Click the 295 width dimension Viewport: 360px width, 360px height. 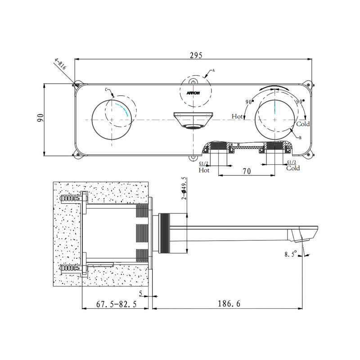tap(196, 55)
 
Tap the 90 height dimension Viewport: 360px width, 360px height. tap(40, 118)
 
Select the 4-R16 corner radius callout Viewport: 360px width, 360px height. tap(60, 64)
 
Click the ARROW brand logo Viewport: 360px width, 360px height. tap(193, 93)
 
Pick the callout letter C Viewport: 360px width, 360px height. tap(106, 90)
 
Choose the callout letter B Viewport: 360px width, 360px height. tap(300, 138)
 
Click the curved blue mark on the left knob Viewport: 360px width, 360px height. tap(122, 109)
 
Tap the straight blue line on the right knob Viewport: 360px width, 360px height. tap(274, 107)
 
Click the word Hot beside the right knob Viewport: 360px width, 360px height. tap(237, 117)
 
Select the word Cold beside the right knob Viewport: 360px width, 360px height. tap(303, 124)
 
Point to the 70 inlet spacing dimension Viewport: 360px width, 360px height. tap(247, 171)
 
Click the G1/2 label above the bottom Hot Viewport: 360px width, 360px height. tap(203, 163)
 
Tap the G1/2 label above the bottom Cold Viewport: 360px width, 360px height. tap(292, 162)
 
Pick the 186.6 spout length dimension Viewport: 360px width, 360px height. tap(229, 303)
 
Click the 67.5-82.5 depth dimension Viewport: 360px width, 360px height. tap(116, 304)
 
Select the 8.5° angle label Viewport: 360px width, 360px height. tap(291, 254)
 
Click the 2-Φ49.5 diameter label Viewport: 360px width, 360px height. tap(184, 188)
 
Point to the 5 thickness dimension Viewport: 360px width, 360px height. tap(141, 293)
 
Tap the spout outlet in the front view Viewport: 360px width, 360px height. tap(193, 127)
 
